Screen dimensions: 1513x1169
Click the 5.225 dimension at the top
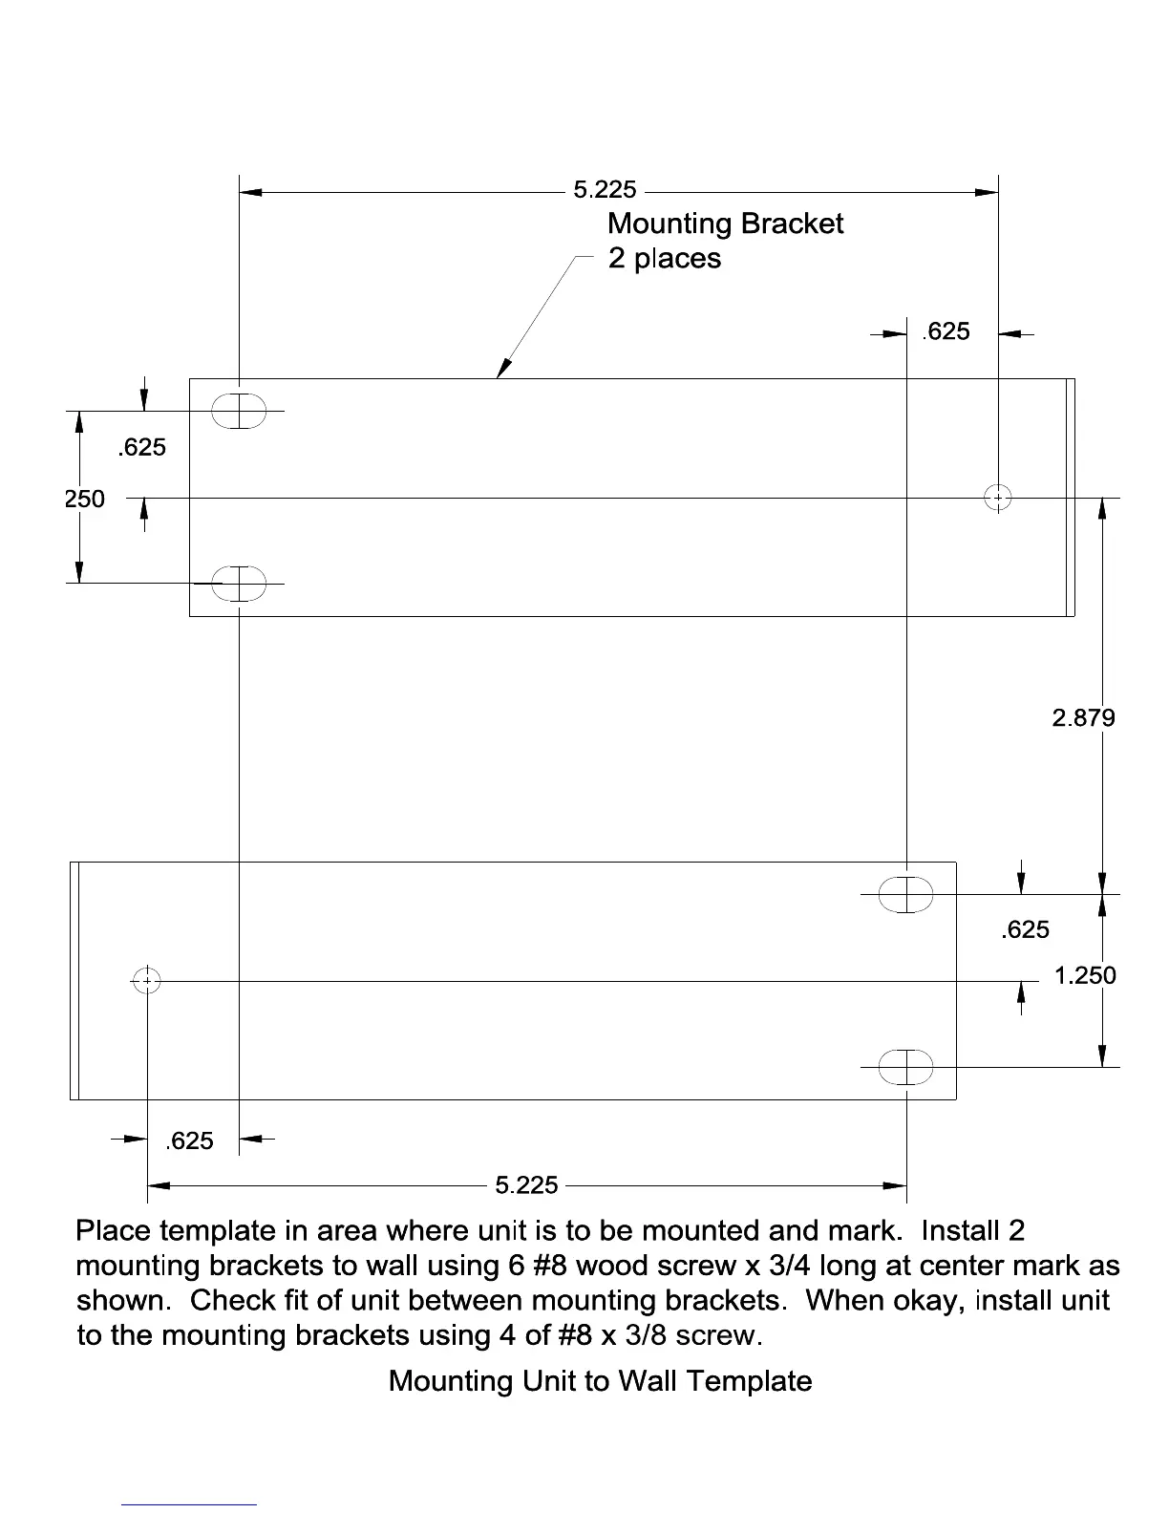point(605,190)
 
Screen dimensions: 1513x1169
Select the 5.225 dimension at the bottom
point(526,1185)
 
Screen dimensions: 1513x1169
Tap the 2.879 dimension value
point(1083,717)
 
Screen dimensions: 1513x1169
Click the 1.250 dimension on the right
point(1085,975)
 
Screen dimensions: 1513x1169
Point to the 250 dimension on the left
point(84,498)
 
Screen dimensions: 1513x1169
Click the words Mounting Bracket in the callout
point(725,224)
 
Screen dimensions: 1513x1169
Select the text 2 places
point(665,259)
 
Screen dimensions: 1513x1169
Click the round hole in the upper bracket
point(998,497)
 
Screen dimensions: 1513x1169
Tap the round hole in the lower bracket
point(147,980)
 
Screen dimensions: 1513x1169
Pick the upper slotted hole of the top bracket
point(239,411)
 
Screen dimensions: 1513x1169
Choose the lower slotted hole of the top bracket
point(239,583)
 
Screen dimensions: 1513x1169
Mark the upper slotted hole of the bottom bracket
point(905,894)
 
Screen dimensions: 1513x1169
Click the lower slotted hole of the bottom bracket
point(905,1067)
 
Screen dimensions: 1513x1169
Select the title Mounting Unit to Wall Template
point(600,1381)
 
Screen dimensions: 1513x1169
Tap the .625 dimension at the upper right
point(946,331)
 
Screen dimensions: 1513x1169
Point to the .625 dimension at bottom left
point(189,1140)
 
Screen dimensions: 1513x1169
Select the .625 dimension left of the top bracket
point(141,447)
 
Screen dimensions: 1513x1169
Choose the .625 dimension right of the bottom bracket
point(1025,929)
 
